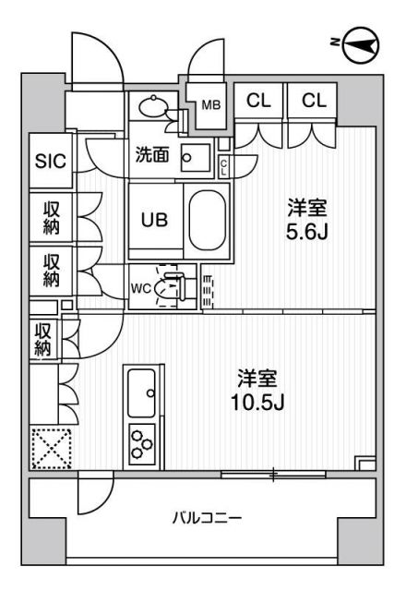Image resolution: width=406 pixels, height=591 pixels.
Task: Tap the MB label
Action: click(x=211, y=104)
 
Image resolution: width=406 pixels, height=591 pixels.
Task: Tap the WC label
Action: click(x=140, y=286)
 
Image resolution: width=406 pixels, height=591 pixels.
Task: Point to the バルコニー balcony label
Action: click(x=207, y=518)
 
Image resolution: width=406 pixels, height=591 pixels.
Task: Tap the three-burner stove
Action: click(x=141, y=442)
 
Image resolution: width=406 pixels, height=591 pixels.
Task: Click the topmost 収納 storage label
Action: click(x=51, y=218)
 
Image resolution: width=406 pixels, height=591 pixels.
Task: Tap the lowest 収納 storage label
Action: click(x=43, y=338)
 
